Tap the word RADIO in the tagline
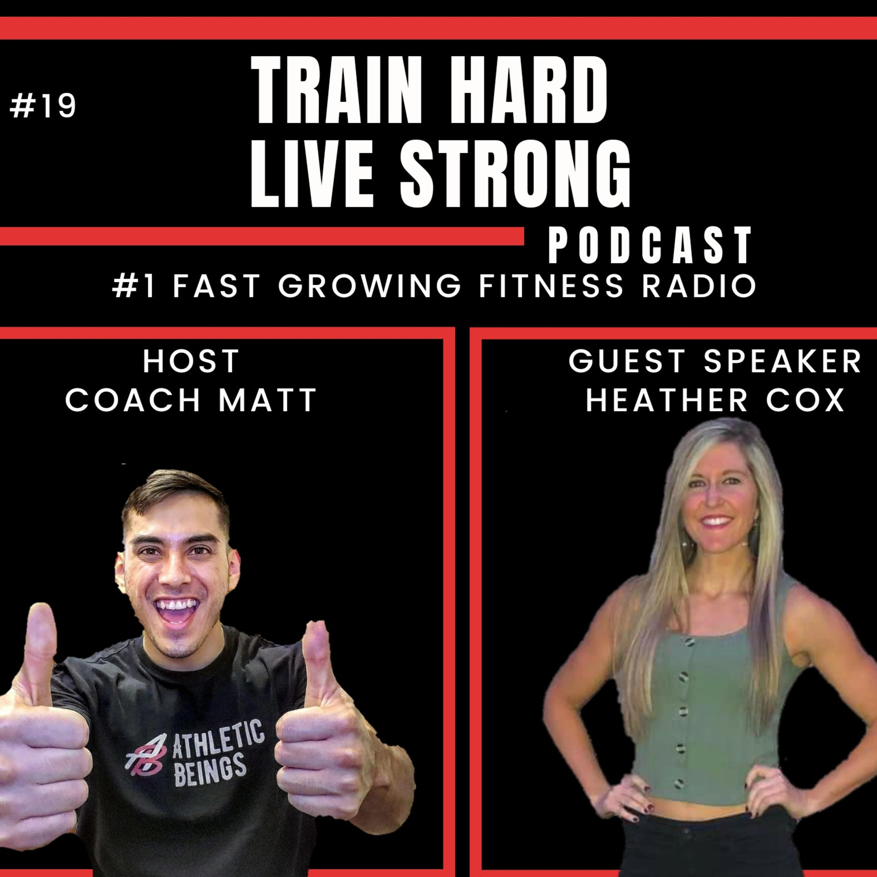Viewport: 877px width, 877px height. [699, 286]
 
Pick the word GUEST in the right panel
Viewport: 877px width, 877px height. [627, 361]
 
